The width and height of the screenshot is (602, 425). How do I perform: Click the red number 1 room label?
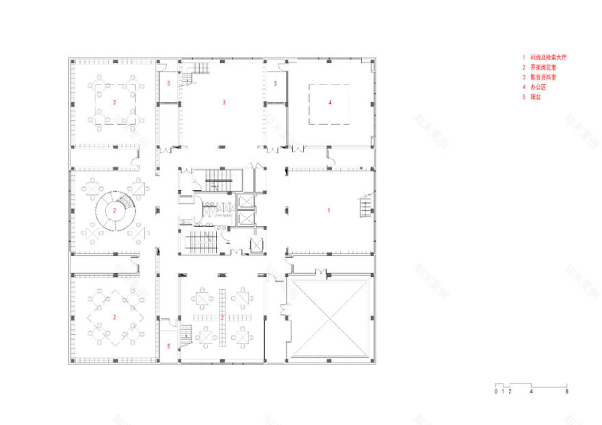(329, 210)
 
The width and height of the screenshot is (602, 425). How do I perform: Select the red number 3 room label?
(224, 102)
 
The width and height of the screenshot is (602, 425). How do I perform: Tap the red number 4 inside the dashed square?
(330, 102)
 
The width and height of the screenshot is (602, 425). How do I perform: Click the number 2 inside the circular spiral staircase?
(115, 211)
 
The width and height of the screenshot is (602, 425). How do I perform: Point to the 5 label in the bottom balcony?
(169, 346)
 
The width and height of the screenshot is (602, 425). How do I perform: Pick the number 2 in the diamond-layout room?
(115, 317)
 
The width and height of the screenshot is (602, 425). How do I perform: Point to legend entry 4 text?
(537, 87)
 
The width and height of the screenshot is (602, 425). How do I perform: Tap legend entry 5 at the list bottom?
(534, 98)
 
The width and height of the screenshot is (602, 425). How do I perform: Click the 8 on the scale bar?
(566, 392)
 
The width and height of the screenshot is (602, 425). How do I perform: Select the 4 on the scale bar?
(532, 392)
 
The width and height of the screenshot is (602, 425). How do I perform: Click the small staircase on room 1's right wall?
(365, 205)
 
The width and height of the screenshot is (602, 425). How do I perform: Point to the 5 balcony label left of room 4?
(275, 83)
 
